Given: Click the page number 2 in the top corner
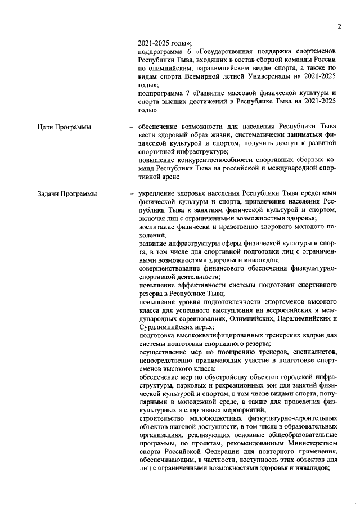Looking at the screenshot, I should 339,26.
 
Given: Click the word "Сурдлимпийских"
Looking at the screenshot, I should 166,326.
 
